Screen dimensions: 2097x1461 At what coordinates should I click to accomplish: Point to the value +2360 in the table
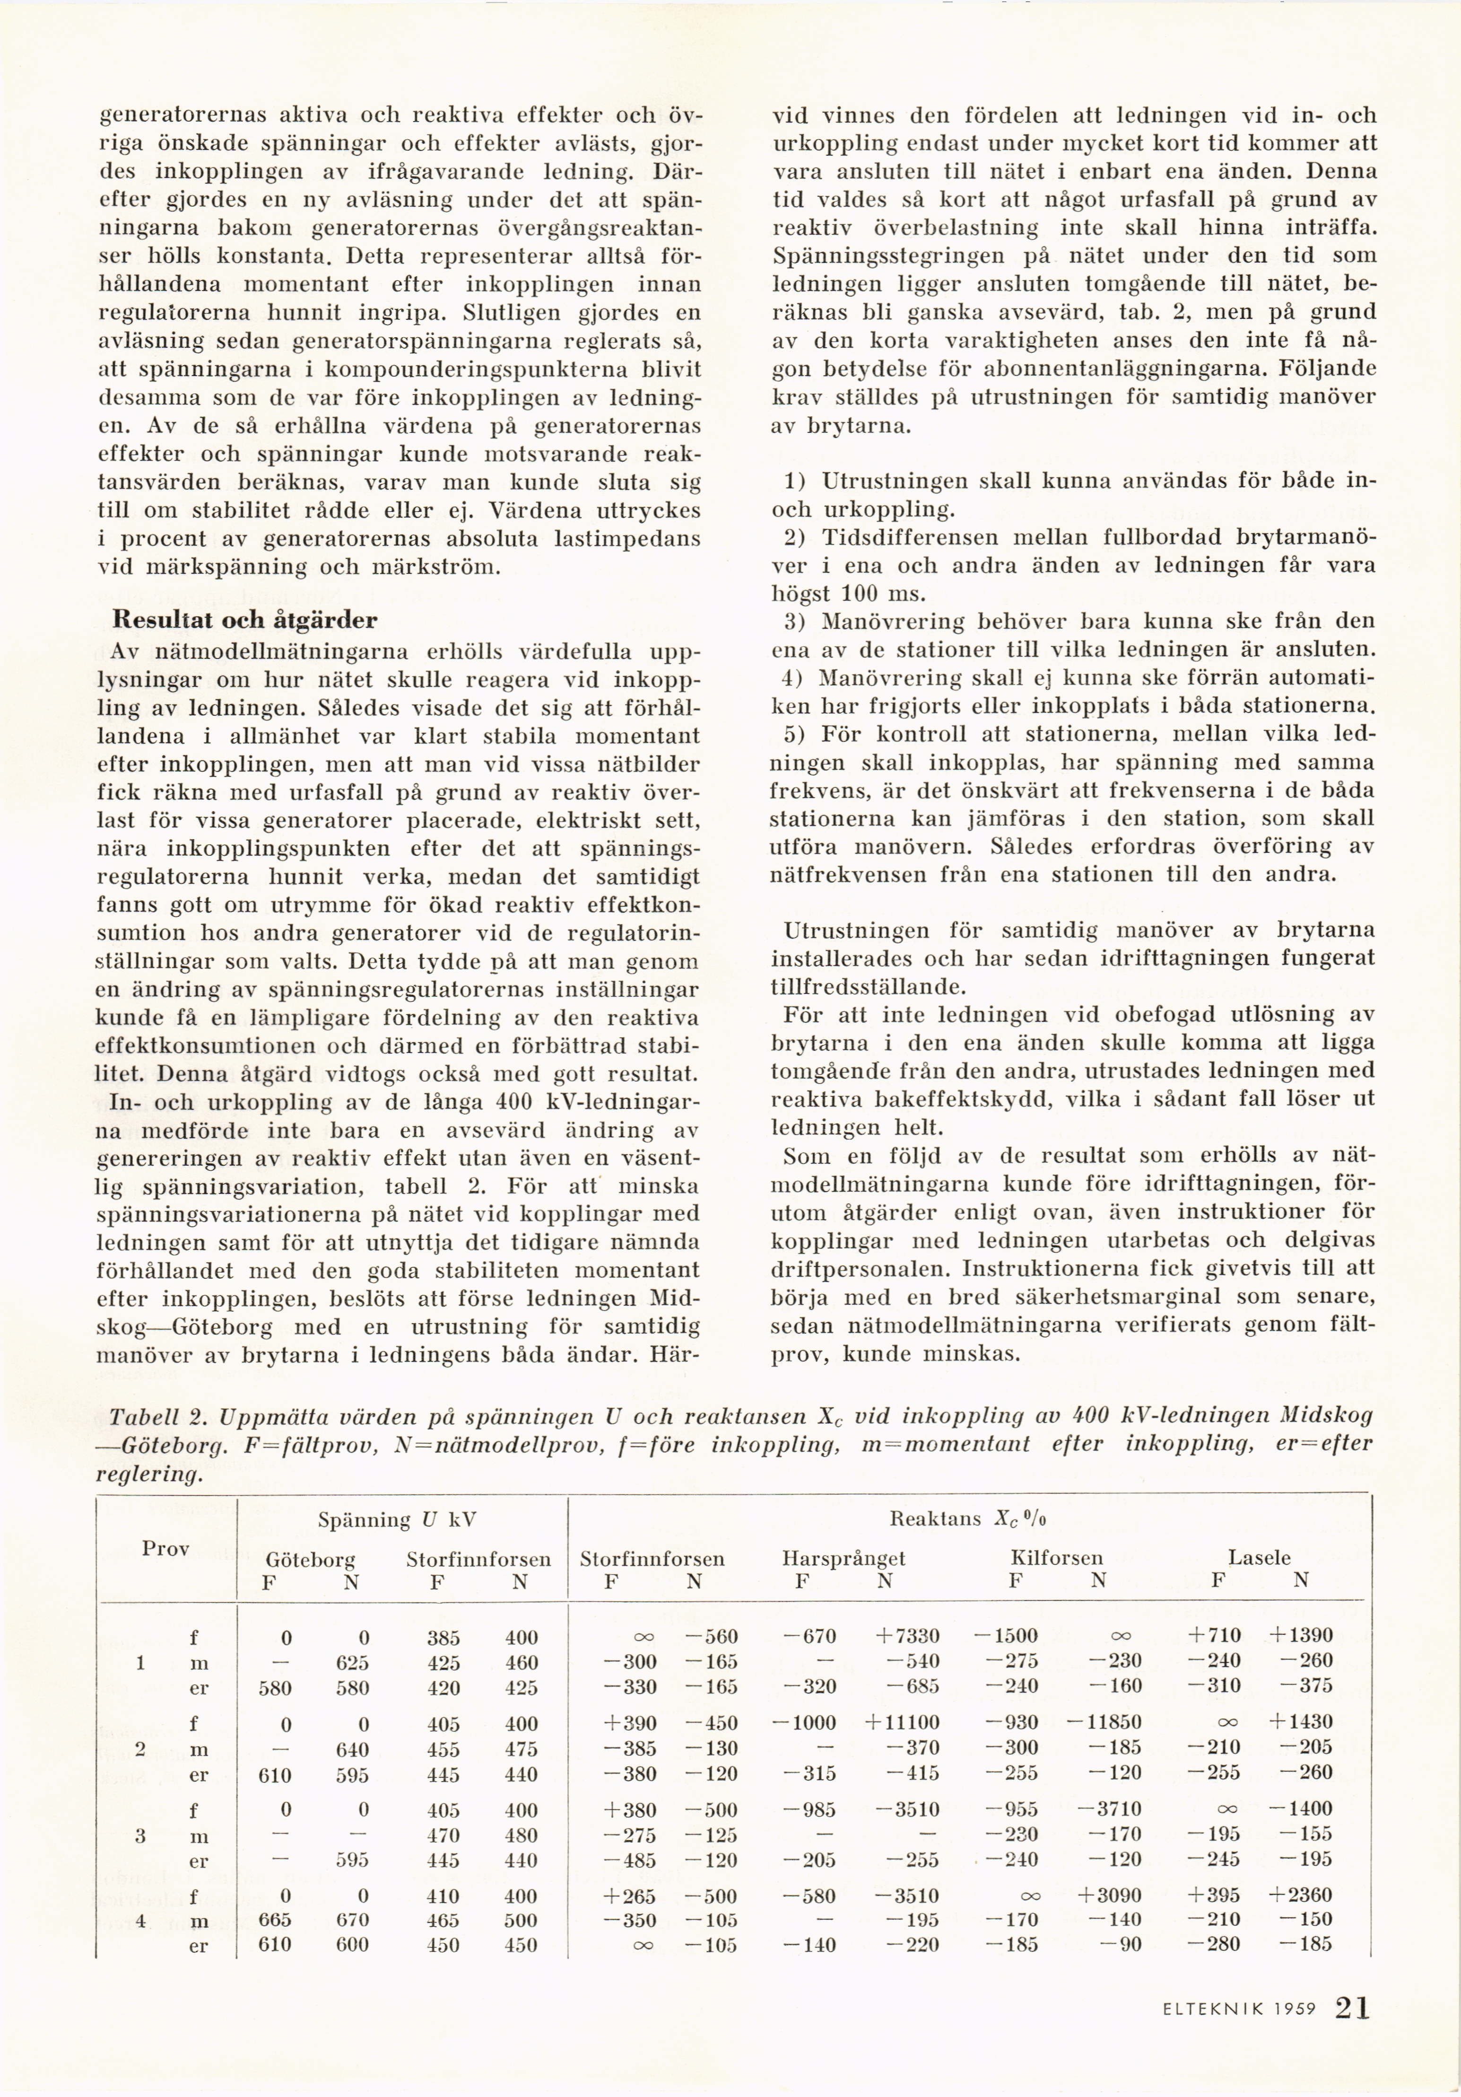coord(1300,1895)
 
